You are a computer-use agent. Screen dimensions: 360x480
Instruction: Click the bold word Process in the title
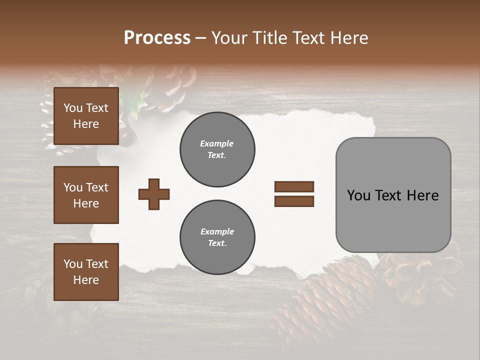pyautogui.click(x=157, y=38)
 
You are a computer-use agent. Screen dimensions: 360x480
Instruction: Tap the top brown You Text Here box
pyautogui.click(x=86, y=116)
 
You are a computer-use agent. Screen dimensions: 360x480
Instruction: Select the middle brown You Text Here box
pyautogui.click(x=86, y=195)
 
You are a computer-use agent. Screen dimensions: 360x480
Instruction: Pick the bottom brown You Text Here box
pyautogui.click(x=86, y=271)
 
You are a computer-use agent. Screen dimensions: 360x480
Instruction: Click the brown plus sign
pyautogui.click(x=154, y=194)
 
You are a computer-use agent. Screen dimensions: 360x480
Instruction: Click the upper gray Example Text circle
pyautogui.click(x=217, y=149)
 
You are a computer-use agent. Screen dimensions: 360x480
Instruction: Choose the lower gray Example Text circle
pyautogui.click(x=217, y=237)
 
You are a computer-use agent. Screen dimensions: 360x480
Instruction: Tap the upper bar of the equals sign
pyautogui.click(x=294, y=186)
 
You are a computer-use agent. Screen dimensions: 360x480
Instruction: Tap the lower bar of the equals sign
pyautogui.click(x=294, y=201)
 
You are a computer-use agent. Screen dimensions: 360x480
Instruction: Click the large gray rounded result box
pyautogui.click(x=393, y=195)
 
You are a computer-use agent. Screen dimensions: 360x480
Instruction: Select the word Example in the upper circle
pyautogui.click(x=216, y=143)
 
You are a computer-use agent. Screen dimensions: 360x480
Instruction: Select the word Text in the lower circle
pyautogui.click(x=217, y=243)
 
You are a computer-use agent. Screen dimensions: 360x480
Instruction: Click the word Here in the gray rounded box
pyautogui.click(x=422, y=195)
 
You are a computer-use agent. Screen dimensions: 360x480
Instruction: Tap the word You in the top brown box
pyautogui.click(x=72, y=108)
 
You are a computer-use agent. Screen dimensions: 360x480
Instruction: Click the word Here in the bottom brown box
pyautogui.click(x=86, y=280)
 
